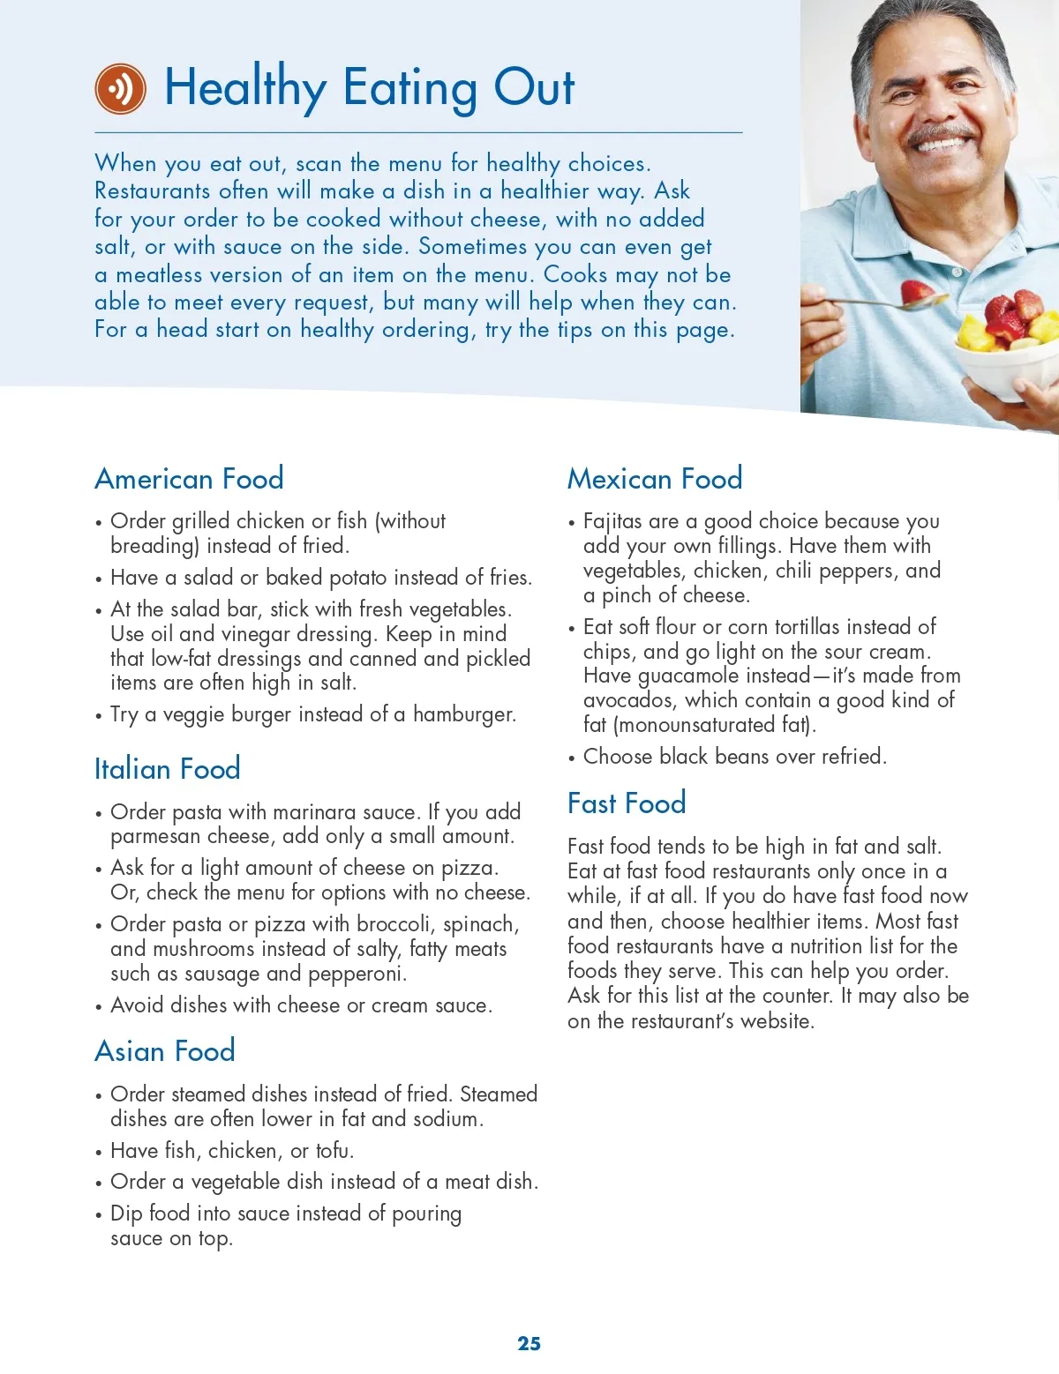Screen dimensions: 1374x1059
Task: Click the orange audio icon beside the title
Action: click(120, 88)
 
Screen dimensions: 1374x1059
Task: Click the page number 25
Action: click(529, 1343)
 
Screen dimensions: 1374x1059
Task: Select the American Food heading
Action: click(189, 479)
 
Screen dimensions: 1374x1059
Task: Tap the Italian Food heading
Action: click(167, 769)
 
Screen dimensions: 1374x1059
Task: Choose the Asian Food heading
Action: click(165, 1051)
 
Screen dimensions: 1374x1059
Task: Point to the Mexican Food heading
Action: click(654, 479)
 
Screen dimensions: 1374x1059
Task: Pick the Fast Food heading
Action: click(627, 803)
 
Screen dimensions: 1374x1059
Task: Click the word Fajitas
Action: click(612, 521)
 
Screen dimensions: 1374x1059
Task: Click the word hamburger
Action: click(463, 714)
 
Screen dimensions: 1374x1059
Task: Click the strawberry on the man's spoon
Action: click(916, 293)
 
